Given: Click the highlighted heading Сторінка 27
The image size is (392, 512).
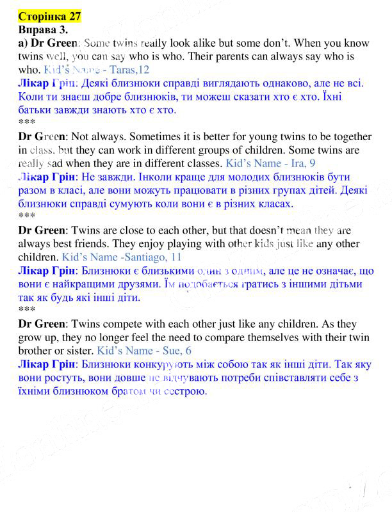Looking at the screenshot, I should point(50,15).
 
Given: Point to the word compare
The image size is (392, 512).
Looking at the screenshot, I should point(258,337).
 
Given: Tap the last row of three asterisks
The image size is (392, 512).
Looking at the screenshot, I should point(26,310).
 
